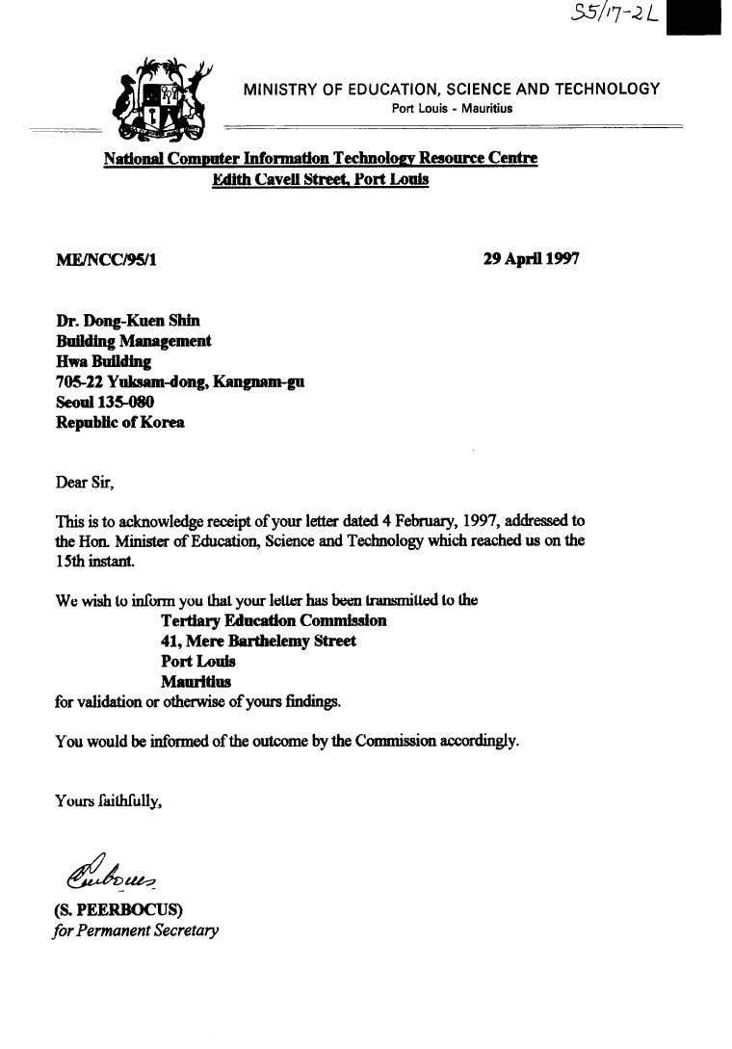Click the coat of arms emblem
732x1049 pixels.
click(x=163, y=100)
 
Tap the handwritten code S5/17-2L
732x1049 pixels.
click(x=614, y=14)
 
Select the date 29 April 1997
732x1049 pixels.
click(x=531, y=259)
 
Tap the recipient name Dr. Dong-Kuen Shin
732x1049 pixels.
click(x=128, y=322)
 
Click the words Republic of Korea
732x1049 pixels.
click(x=120, y=422)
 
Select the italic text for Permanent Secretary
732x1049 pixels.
click(x=136, y=931)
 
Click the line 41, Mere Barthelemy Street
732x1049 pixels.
click(x=258, y=641)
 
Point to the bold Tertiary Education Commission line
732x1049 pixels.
click(x=274, y=620)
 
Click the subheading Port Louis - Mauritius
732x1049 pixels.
click(x=452, y=108)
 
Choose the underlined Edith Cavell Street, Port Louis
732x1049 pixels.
click(x=321, y=179)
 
